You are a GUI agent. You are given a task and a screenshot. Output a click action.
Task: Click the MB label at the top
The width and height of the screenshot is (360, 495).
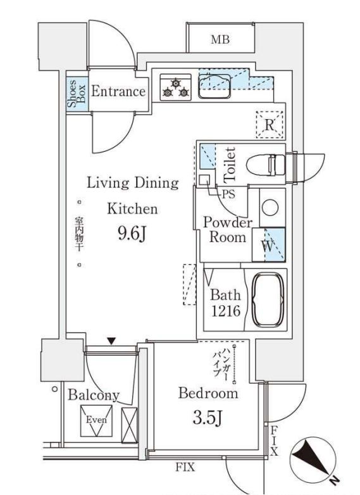220,40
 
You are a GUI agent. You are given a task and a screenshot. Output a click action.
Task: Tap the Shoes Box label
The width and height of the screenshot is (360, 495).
73,93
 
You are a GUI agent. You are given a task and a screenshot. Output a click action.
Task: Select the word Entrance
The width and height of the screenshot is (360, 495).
118,91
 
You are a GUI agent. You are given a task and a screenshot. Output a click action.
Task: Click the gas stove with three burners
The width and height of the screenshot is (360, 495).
175,87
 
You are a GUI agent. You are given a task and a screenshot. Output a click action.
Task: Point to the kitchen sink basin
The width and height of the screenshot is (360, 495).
214,85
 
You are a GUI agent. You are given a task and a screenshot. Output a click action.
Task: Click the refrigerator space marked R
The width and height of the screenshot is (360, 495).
270,124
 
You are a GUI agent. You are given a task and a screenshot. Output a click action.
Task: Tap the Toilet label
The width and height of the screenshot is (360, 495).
230,164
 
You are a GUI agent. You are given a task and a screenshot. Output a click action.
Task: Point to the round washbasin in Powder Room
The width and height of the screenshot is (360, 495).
271,207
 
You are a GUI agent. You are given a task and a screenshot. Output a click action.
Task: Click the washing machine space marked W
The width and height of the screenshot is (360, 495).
269,244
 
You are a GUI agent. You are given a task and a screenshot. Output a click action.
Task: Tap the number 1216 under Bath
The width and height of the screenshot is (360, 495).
225,311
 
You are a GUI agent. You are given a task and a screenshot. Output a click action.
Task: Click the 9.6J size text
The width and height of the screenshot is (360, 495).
132,235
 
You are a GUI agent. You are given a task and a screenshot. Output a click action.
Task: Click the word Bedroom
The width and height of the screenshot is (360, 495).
208,393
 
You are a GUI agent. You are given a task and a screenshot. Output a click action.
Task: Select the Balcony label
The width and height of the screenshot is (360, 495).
94,395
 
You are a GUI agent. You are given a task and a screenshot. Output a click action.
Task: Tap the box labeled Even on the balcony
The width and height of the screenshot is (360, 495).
96,420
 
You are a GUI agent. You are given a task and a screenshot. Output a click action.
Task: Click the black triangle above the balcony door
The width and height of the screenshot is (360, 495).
111,341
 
